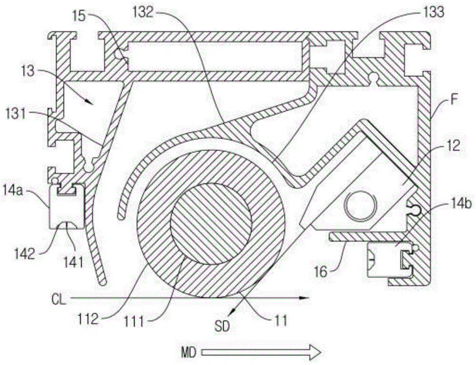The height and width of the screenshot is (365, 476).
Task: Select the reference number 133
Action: point(431,13)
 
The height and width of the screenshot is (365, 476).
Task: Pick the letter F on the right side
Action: point(454,100)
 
